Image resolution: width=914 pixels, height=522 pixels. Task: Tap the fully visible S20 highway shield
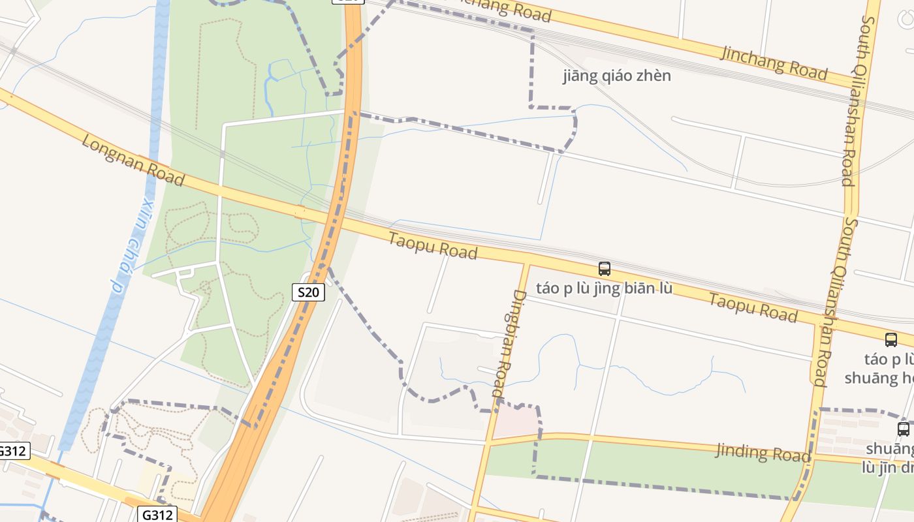[x=308, y=292]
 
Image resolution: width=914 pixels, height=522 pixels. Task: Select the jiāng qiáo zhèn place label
[x=616, y=76]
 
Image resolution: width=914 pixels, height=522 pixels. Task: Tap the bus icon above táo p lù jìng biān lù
[x=605, y=268]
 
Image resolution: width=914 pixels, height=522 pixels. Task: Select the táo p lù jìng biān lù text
[x=604, y=288]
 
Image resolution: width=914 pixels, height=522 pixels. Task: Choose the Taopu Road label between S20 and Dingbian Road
[x=433, y=245]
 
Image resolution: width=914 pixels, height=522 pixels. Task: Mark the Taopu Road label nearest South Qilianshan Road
[x=753, y=308]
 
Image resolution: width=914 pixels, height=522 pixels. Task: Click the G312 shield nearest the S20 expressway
[x=158, y=515]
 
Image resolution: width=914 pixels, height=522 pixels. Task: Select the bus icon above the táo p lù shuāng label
[x=890, y=339]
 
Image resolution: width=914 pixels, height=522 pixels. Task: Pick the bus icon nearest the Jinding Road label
[x=903, y=429]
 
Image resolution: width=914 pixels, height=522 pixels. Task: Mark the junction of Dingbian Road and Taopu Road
[x=526, y=263]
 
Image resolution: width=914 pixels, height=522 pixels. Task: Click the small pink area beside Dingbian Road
[x=516, y=421]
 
